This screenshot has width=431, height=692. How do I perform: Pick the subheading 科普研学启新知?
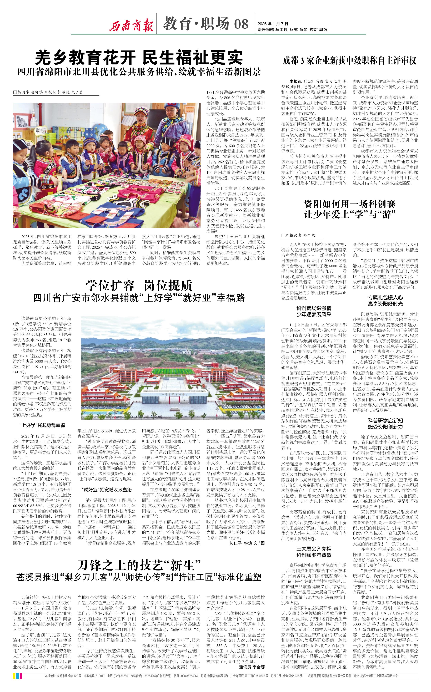pyautogui.click(x=385, y=420)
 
